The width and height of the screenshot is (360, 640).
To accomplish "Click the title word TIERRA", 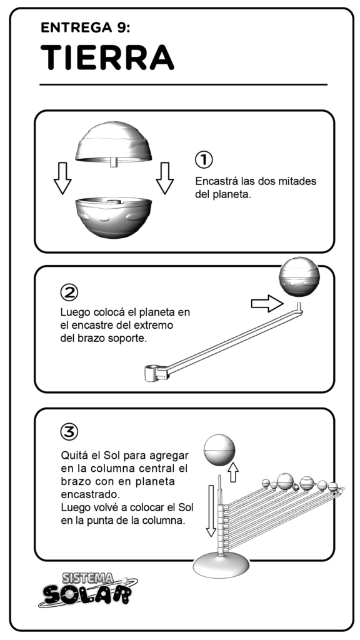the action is coord(107,57).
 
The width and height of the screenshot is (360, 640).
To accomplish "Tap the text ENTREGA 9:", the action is coord(86,27).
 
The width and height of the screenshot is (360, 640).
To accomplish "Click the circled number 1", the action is coord(204,159).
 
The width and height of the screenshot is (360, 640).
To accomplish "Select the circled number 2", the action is coord(69,292).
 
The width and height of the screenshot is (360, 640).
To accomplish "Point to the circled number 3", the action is coord(69,431).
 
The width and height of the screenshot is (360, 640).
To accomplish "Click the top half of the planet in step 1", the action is coord(114,143).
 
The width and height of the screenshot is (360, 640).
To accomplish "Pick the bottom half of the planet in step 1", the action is coord(114,217).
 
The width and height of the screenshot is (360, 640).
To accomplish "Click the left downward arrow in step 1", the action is coord(62,178).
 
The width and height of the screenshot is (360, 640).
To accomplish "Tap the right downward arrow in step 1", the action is coord(165,178).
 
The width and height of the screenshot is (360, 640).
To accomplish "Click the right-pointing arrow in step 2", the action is coord(267,304).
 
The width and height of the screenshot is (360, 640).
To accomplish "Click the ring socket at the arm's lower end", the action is coord(151,372).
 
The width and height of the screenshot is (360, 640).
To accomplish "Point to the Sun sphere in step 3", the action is coord(219,450).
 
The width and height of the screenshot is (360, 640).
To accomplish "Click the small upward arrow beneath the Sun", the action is coord(232,472).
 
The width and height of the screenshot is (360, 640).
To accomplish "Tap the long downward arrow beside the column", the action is coord(211,511).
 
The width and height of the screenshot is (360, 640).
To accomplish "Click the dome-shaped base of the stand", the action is coord(221,564).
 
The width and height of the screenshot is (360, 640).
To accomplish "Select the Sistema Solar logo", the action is coord(88,589).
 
